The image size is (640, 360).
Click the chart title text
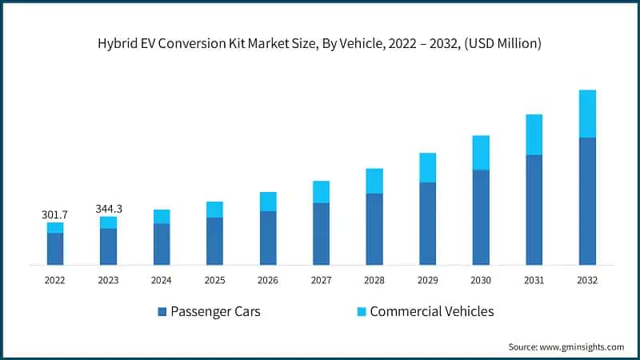320,43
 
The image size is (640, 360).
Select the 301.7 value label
54,214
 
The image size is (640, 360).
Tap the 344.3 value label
108,209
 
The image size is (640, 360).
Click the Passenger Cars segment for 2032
587,201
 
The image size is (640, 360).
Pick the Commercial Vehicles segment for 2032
587,114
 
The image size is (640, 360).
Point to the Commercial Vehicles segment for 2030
481,152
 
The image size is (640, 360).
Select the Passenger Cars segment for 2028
374,229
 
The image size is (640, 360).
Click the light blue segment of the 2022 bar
54,228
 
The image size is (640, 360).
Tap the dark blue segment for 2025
214,241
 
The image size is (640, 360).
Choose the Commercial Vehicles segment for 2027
321,192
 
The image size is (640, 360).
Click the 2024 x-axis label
161,281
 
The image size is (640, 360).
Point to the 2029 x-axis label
427,281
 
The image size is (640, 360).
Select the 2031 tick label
534,281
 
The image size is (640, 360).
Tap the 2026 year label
267,281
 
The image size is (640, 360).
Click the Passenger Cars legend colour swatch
162,311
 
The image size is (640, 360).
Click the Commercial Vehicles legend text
431,311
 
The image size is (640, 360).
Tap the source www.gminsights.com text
566,346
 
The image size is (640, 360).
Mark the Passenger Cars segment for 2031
534,210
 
